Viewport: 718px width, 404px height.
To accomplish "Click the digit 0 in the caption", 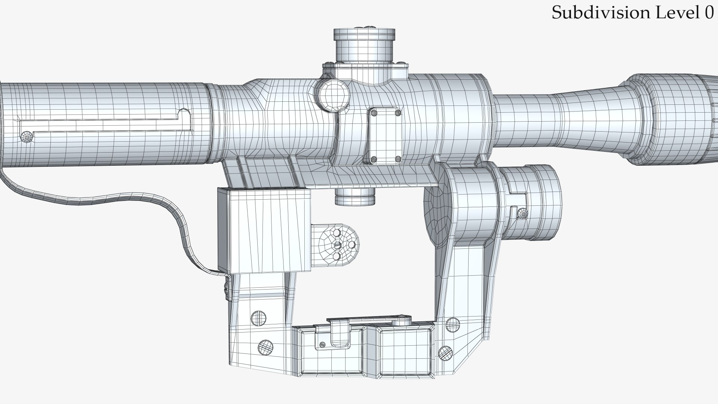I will [x=709, y=13].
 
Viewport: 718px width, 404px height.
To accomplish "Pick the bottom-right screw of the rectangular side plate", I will [x=398, y=159].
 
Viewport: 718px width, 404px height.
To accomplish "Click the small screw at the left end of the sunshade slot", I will [x=27, y=137].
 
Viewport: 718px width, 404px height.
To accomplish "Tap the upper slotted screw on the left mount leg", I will [x=258, y=318].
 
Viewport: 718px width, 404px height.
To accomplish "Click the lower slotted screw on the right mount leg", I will [x=445, y=353].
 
